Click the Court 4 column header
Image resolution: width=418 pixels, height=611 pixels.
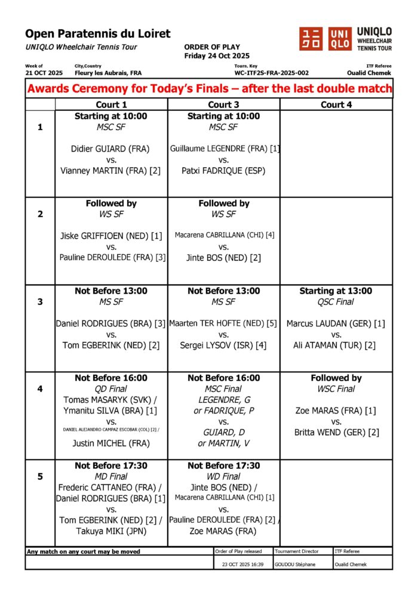pos(336,104)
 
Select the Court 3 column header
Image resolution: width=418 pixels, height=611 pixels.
pos(224,104)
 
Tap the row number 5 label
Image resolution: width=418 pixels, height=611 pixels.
pos(40,477)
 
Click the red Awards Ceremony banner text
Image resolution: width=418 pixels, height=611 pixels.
pos(209,89)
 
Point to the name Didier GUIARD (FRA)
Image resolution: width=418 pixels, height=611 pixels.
pos(110,149)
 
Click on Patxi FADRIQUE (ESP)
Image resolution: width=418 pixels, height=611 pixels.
pos(224,171)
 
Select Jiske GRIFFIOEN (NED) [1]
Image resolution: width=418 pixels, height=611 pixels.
pos(111,236)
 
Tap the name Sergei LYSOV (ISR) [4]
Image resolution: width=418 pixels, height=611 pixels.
pos(224,345)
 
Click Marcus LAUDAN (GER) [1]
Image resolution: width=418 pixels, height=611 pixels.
pos(336,323)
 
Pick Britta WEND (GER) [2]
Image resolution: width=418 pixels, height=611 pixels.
pos(336,432)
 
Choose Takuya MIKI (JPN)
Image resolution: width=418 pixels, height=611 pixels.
pos(111,531)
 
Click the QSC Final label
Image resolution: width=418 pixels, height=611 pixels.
pos(336,302)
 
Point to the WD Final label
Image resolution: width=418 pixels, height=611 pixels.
pos(224,476)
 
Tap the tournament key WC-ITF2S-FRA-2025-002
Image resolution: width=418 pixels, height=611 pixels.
pos(272,73)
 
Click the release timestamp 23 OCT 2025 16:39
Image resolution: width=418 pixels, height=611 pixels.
pos(243,564)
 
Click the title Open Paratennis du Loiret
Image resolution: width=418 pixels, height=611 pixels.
pos(98,34)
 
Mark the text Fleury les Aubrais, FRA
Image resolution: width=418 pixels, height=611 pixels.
pos(108,73)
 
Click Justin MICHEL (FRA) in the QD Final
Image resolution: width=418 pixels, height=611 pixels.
pos(111,443)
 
